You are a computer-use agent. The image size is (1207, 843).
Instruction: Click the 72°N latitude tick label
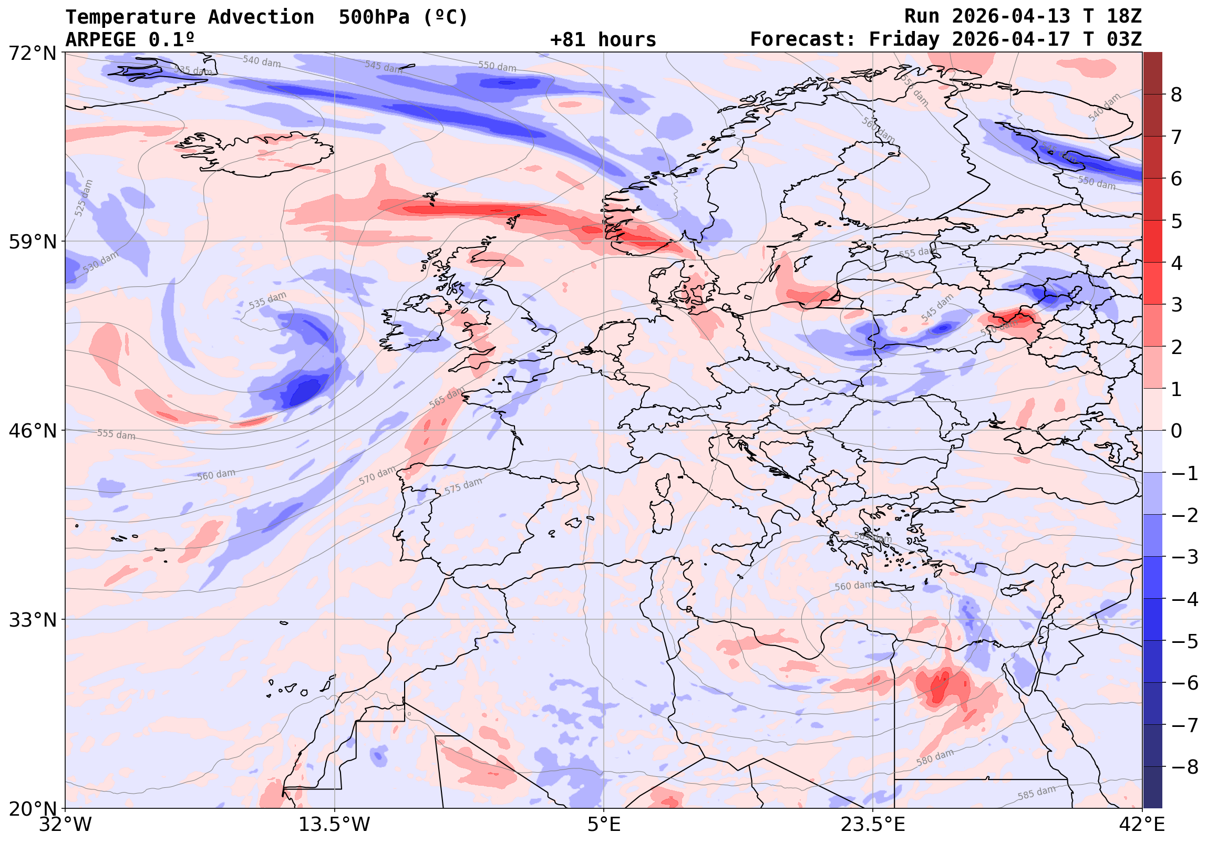33,53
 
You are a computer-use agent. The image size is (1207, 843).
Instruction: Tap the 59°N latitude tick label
33,242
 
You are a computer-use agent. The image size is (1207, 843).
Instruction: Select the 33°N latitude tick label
33,620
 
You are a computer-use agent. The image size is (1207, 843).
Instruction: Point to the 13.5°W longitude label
334,824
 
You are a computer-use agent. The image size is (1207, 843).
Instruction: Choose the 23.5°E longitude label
873,824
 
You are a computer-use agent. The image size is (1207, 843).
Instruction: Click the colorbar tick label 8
1177,95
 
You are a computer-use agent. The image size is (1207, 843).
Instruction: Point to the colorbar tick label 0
1177,431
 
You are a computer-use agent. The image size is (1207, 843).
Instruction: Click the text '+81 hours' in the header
603,40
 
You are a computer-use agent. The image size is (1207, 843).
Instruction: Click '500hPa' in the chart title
374,17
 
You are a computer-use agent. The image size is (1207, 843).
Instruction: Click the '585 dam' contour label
1036,793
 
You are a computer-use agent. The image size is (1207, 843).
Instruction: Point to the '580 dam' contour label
935,757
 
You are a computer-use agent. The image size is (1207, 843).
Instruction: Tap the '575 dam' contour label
463,486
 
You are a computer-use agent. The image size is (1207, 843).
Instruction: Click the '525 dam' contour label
84,198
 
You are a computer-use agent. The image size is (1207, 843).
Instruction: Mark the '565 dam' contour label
447,397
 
